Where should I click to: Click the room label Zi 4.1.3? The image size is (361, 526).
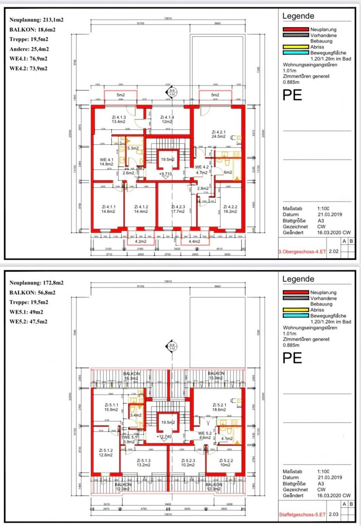pyautogui.click(x=118, y=119)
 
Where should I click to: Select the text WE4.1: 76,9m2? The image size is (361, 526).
pyautogui.click(x=28, y=59)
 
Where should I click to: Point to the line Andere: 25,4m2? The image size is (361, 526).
pyautogui.click(x=29, y=49)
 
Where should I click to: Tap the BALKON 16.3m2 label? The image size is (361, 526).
pyautogui.click(x=131, y=376)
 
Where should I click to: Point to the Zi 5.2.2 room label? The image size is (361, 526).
pyautogui.click(x=226, y=463)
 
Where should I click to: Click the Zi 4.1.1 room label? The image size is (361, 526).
pyautogui.click(x=108, y=209)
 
